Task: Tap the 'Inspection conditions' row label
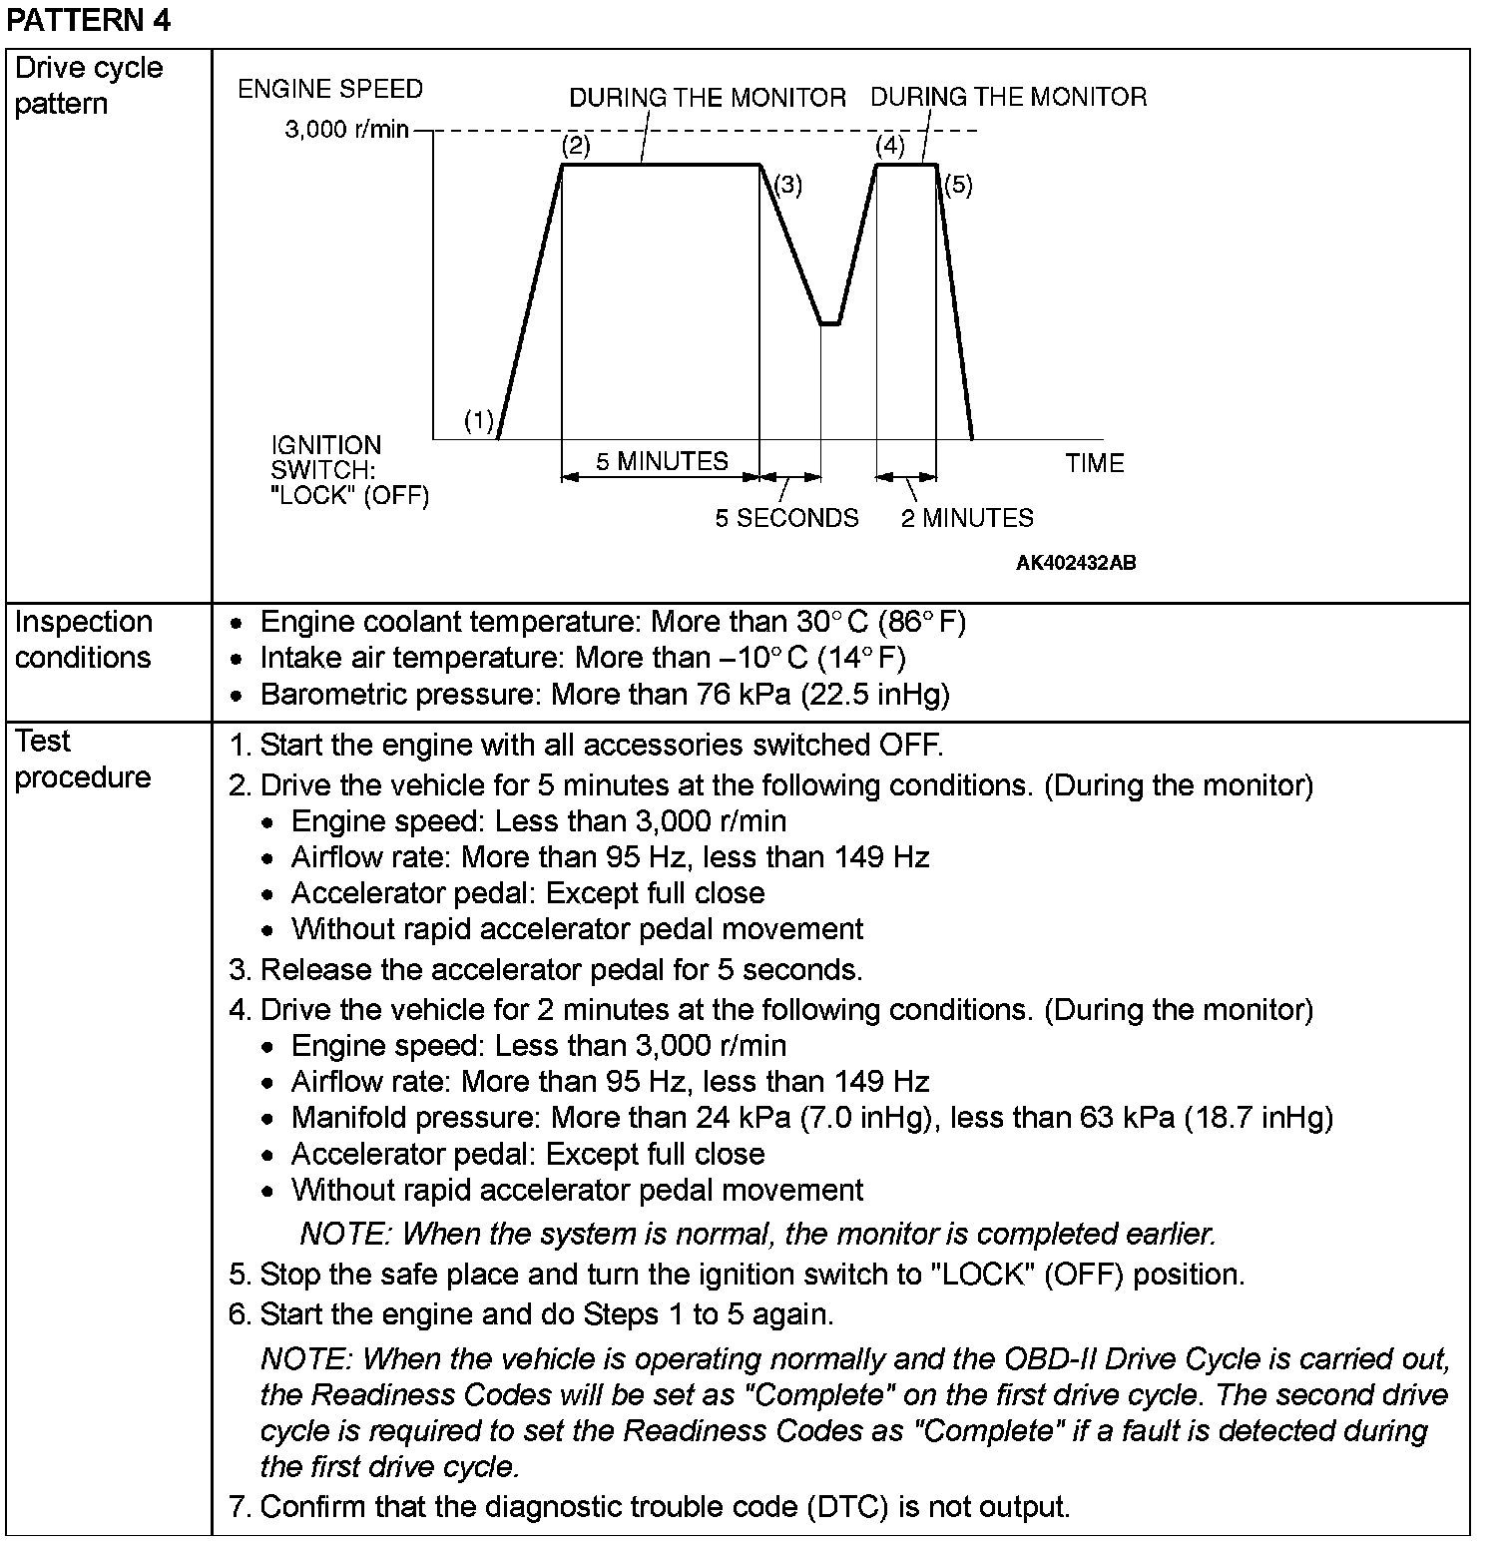pos(84,640)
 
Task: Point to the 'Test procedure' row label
pos(82,760)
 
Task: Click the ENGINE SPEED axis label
pos(329,89)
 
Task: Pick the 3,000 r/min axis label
pos(346,130)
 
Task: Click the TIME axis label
pos(1094,463)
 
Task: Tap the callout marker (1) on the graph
pos(479,421)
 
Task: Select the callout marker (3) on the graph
pos(787,185)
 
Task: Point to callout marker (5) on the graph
pos(957,185)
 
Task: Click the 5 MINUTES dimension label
pos(662,461)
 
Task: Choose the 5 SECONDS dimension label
pos(786,518)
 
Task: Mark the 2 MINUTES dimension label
pos(967,518)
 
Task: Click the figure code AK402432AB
pos(1076,563)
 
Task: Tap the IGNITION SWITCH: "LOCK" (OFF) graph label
pos(348,470)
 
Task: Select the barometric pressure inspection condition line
pos(604,695)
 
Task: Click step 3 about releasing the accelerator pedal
pos(560,970)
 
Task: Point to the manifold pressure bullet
pos(811,1118)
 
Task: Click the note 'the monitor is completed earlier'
pos(757,1235)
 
